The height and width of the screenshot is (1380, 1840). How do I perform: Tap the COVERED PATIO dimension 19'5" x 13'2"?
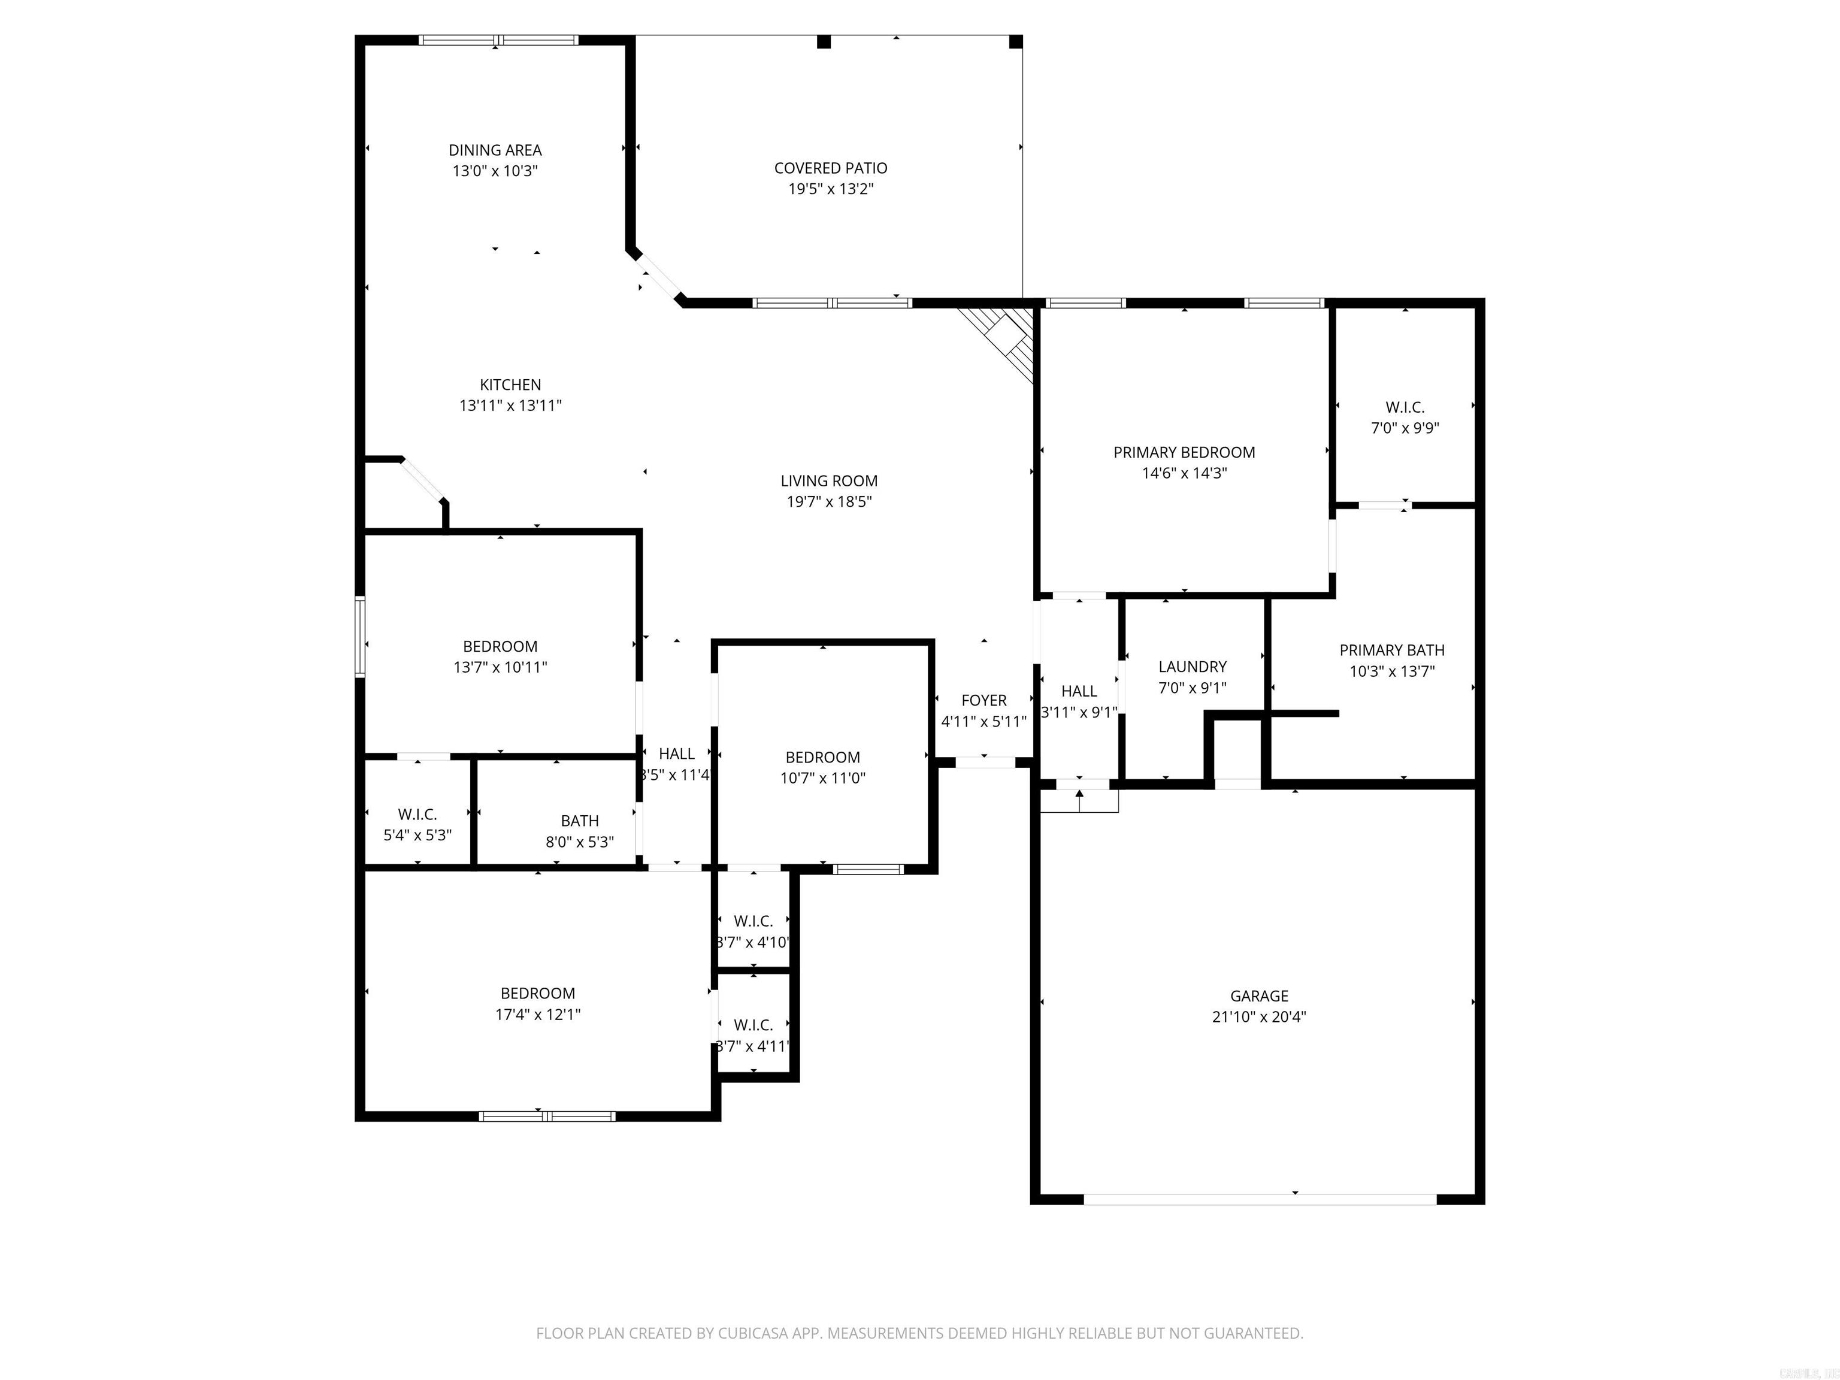[x=830, y=189]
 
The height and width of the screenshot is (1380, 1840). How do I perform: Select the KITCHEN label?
[x=510, y=385]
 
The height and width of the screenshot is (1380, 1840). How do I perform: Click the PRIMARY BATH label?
[x=1391, y=650]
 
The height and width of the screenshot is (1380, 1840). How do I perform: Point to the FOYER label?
[x=983, y=700]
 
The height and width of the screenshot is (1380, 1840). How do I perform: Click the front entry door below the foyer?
[x=984, y=762]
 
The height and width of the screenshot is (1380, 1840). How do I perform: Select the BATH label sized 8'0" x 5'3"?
[x=579, y=821]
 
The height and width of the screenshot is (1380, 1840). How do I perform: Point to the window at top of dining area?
[x=497, y=39]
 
